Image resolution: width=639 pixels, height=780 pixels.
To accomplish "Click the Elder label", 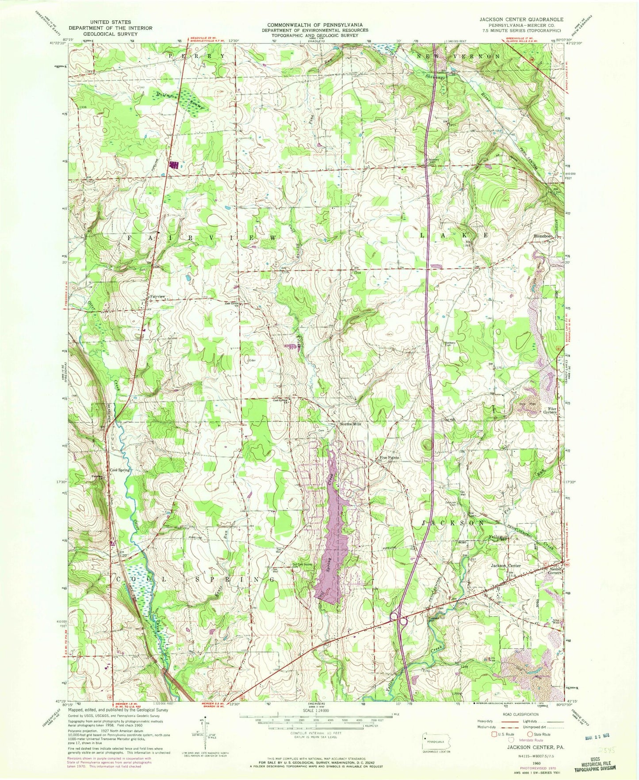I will point(253,360).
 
